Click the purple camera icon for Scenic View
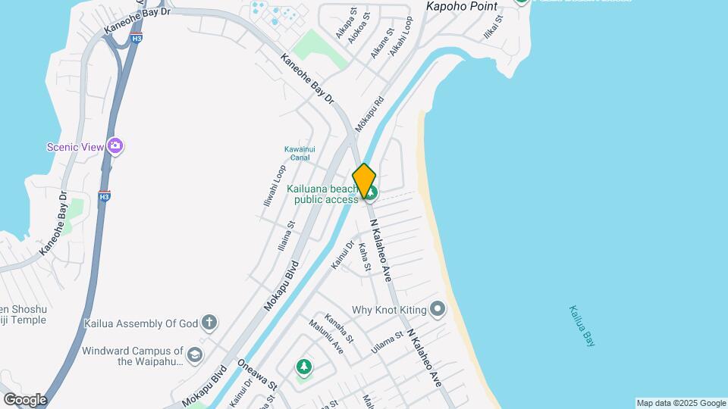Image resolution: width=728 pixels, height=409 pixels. tap(115, 145)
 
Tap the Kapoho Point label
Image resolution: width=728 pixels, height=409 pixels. tap(461, 7)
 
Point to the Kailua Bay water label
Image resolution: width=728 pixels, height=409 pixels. tap(581, 326)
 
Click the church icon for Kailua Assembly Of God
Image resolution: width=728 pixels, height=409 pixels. tap(209, 323)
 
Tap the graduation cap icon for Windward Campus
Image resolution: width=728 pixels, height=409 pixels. tap(195, 355)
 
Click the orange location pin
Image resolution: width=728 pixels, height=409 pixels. tap(365, 181)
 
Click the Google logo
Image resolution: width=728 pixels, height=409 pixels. tap(24, 399)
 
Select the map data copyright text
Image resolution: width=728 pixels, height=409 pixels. tap(680, 403)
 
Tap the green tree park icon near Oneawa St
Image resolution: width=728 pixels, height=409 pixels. tap(304, 367)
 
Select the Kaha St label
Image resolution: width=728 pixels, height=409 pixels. tap(364, 257)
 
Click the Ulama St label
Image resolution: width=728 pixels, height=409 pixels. tap(387, 342)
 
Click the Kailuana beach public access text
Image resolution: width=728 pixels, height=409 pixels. tap(322, 194)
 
